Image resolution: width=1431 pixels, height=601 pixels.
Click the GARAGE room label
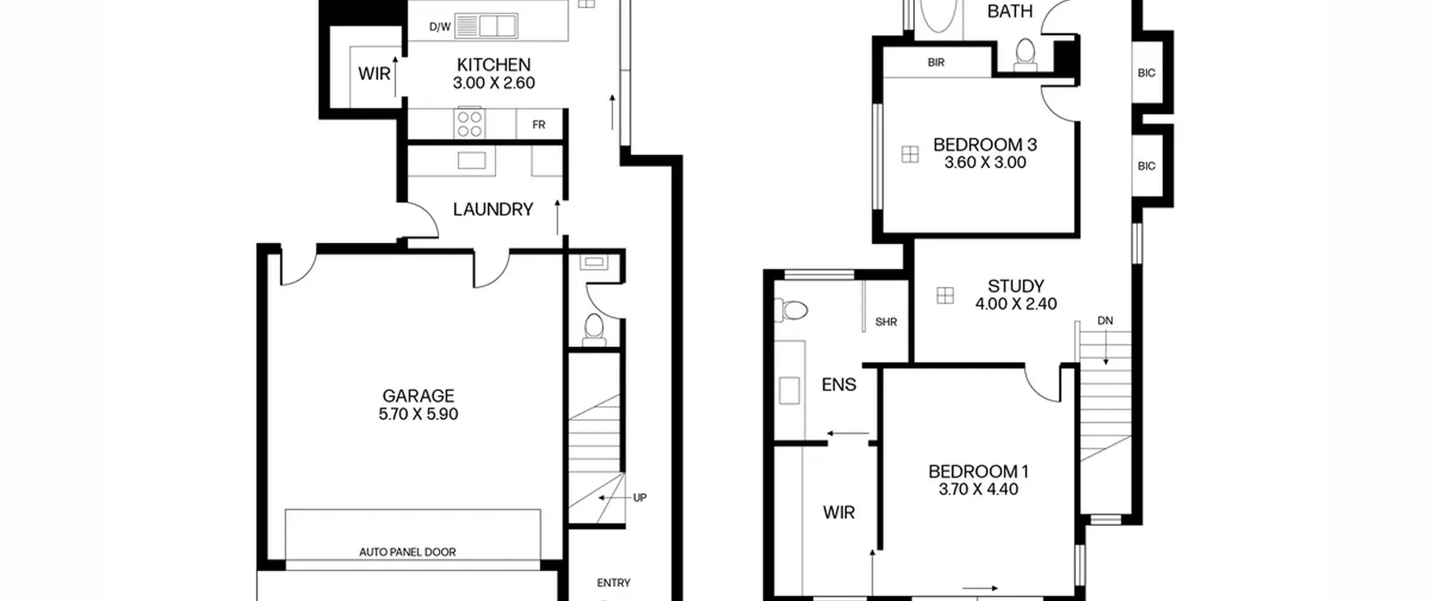coord(418,396)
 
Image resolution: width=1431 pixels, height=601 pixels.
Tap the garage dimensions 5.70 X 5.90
coord(418,414)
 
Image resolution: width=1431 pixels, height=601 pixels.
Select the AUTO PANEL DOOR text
coord(407,552)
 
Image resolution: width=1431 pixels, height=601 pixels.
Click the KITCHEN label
coord(494,65)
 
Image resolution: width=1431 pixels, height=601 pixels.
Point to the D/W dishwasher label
coord(440,27)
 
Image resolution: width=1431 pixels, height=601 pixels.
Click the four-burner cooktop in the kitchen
coord(470,124)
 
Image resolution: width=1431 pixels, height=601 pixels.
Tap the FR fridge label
coord(539,125)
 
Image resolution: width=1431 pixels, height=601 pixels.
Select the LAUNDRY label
coord(493,210)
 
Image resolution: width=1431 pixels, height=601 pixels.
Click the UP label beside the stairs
coord(639,498)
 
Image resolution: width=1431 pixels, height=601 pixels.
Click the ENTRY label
coord(614,583)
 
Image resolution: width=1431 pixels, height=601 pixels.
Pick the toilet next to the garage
coord(594,330)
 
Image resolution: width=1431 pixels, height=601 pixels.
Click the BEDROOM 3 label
coord(985,145)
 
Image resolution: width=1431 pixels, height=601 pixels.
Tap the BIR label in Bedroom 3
coord(936,63)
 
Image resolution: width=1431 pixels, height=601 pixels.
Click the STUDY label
coord(1016,286)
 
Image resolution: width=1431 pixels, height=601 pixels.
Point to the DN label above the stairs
coord(1105,321)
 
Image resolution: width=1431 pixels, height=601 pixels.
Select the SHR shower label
coord(886,322)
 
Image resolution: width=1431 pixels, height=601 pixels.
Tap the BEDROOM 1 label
coord(978,471)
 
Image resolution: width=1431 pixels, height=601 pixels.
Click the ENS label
coord(839,385)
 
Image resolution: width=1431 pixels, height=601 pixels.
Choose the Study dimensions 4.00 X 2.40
coord(1016,304)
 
